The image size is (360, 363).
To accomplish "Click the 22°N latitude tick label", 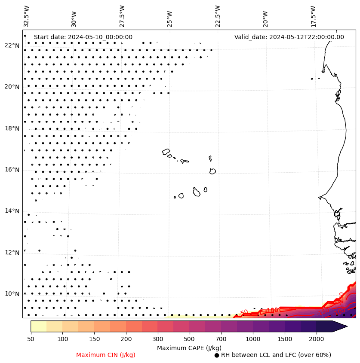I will tap(12, 46).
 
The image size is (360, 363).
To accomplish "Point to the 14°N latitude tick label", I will tap(12, 211).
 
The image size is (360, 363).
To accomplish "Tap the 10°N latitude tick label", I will tap(12, 294).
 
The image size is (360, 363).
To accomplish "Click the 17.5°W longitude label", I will tap(313, 16).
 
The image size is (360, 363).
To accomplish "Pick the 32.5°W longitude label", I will tap(27, 16).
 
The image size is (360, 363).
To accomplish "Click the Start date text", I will tap(83, 37).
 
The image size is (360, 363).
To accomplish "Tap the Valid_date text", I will tap(289, 37).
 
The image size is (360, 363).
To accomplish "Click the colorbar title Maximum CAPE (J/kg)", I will tap(189, 348).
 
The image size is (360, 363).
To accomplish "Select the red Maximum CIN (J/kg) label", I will tap(106, 355).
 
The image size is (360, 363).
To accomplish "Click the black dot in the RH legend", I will tap(217, 355).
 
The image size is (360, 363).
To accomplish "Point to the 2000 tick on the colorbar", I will tap(316, 339).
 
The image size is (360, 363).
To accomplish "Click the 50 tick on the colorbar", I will tap(31, 339).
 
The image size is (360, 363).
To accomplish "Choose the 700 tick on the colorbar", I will tap(221, 339).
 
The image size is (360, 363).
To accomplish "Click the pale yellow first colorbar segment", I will tap(39, 326).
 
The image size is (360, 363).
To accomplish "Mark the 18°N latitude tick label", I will tap(12, 128).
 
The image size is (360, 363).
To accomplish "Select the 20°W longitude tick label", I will tap(265, 16).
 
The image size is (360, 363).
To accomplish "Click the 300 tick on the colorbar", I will tap(157, 339).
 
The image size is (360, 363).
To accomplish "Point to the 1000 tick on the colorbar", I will tap(253, 339).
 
